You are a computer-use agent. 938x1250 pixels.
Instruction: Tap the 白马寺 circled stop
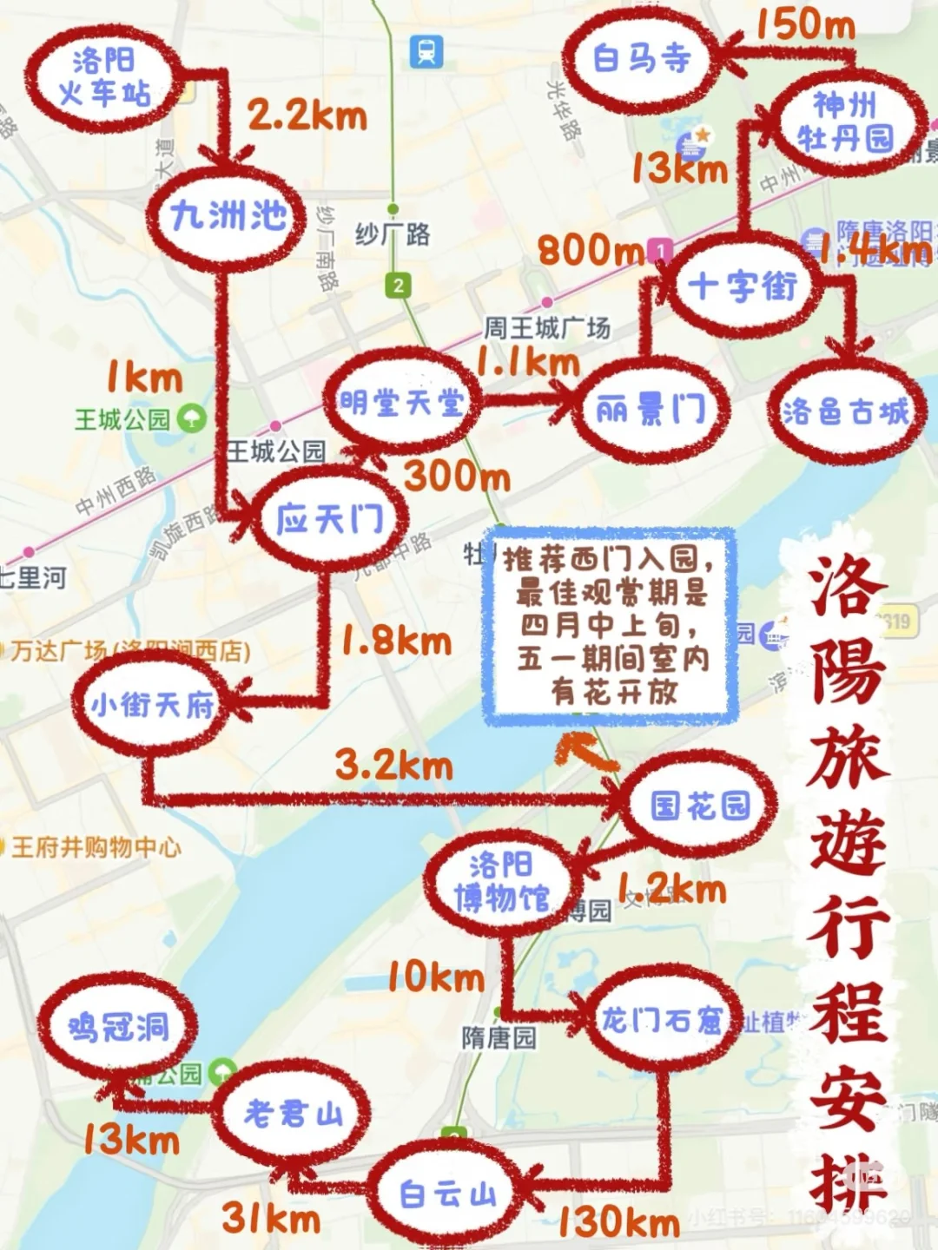pos(641,59)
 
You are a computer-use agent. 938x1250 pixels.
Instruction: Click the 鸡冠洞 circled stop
pos(117,1028)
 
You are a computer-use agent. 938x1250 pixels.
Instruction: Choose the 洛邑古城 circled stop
pos(844,411)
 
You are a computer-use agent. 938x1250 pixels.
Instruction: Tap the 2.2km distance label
pos(307,115)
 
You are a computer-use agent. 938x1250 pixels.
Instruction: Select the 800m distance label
pos(591,251)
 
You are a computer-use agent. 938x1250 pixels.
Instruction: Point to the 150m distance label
pos(805,24)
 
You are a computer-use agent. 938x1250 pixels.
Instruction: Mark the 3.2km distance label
pos(394,765)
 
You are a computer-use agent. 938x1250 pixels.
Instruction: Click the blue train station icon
pos(426,51)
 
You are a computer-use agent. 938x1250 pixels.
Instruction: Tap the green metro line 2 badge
pos(399,285)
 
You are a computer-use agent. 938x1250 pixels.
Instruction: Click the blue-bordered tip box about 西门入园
pos(611,625)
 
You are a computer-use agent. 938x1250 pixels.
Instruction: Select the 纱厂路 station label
pos(393,234)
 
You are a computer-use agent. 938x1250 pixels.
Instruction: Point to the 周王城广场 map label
pos(547,327)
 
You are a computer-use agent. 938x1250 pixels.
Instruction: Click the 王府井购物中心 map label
pos(96,846)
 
